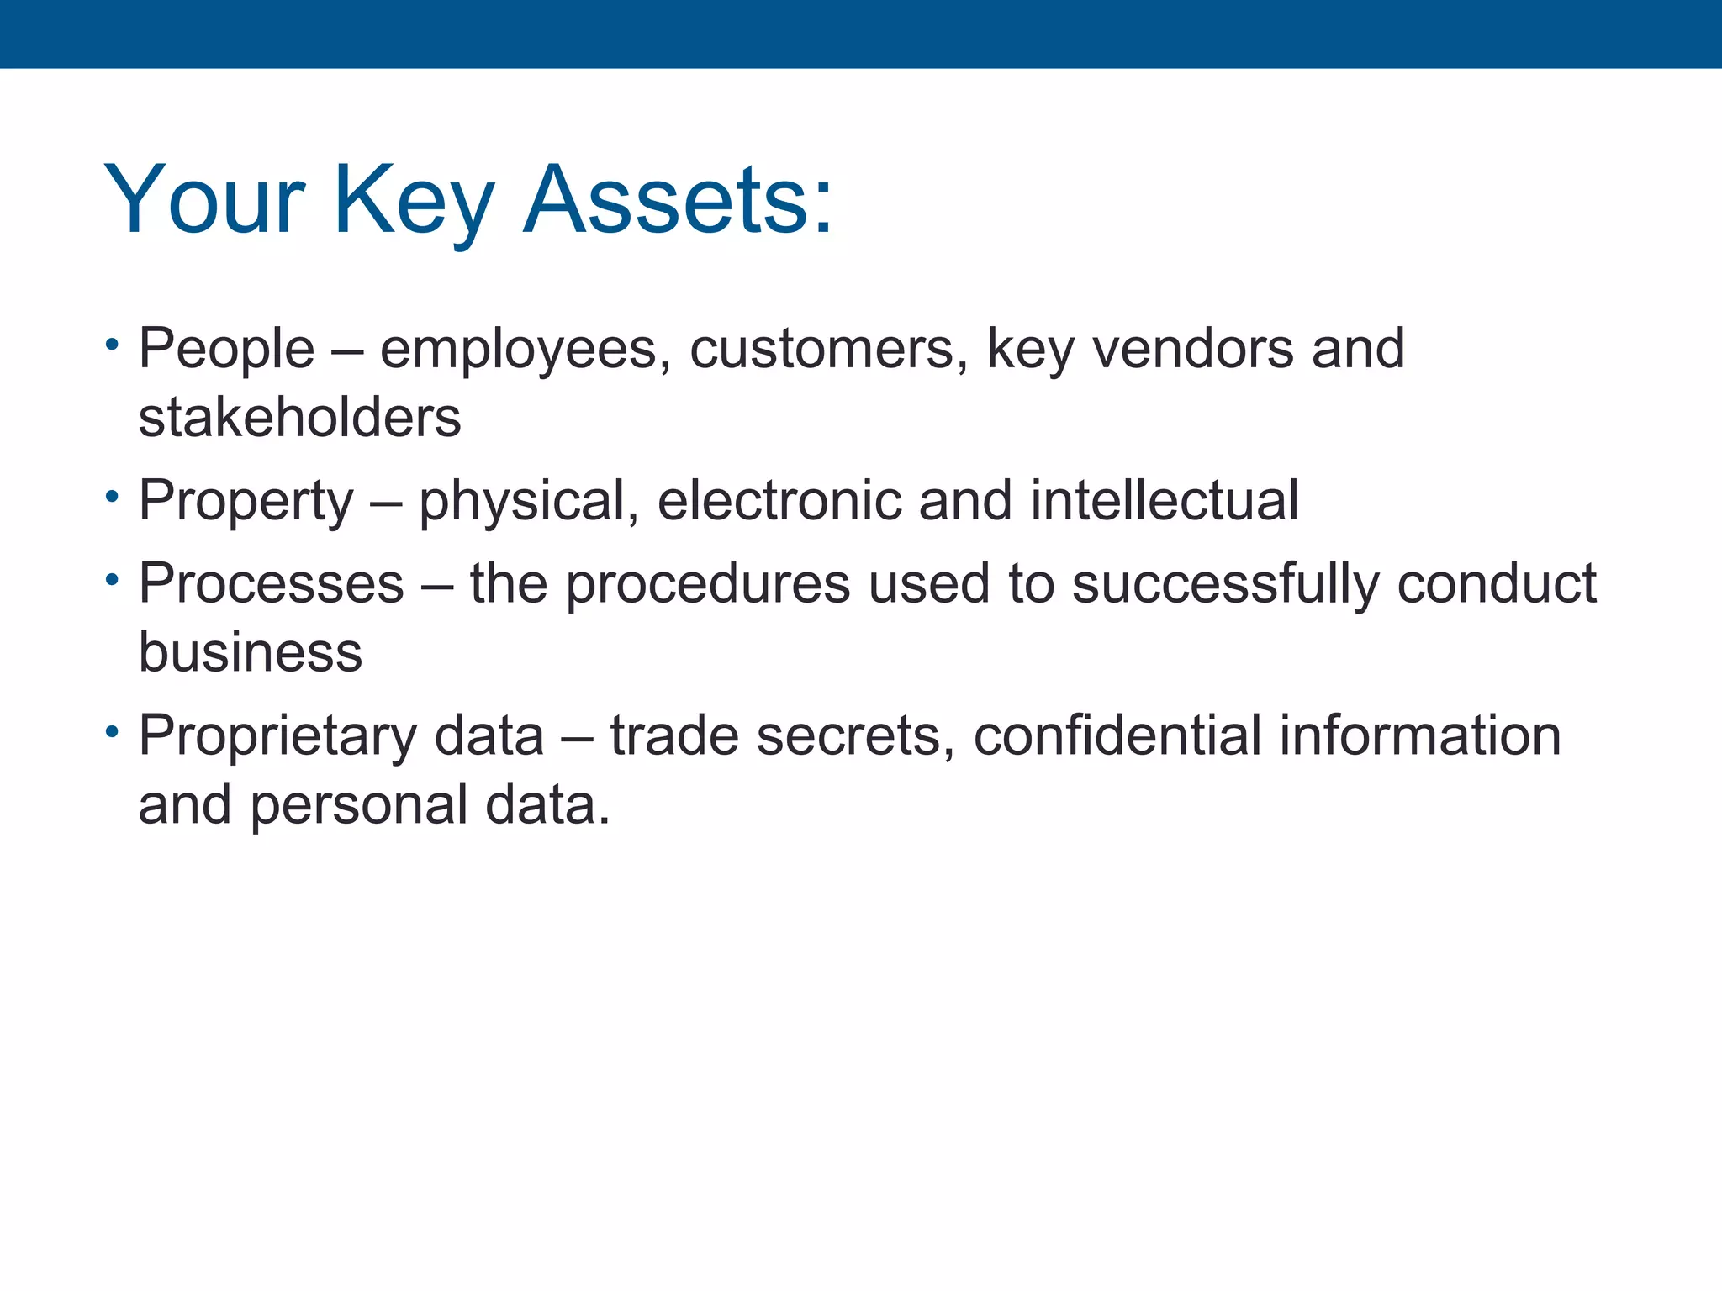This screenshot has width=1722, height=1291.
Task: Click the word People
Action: click(226, 349)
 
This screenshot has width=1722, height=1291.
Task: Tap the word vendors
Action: click(1193, 349)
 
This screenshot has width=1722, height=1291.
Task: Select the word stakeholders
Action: click(300, 418)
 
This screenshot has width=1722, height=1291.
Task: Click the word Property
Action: click(246, 501)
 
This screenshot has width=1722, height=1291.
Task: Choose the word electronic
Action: click(779, 501)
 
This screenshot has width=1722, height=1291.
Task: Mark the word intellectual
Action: click(1165, 501)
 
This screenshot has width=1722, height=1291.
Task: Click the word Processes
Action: click(271, 583)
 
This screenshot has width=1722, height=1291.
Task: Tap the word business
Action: click(250, 652)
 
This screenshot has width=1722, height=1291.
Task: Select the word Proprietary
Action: click(277, 736)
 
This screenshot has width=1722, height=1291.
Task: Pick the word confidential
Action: click(1117, 736)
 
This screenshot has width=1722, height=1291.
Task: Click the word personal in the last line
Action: click(358, 805)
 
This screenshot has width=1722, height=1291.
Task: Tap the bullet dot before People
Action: click(111, 345)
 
